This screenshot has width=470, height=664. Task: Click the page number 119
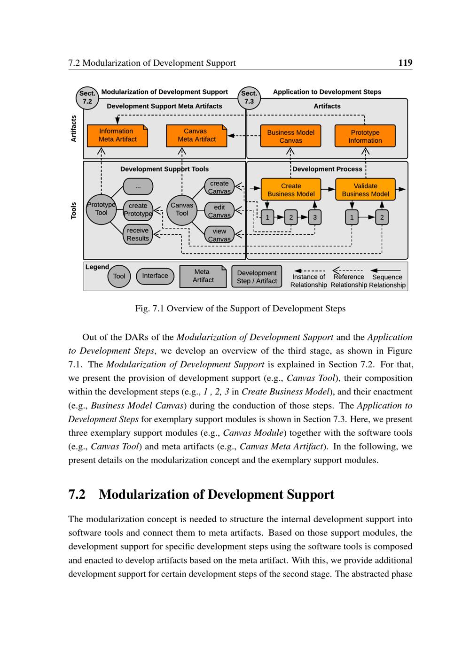click(405, 62)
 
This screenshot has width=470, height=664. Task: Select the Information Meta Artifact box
click(117, 135)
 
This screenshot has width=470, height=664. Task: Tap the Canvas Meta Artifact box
click(196, 135)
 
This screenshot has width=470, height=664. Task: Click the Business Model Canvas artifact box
click(290, 136)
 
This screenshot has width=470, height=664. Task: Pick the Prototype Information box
click(365, 136)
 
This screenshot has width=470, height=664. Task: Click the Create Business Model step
click(291, 190)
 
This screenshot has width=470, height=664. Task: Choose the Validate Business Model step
click(365, 190)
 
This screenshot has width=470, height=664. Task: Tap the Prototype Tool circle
click(101, 209)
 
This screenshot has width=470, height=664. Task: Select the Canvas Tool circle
click(182, 209)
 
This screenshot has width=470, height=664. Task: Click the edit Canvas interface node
click(219, 211)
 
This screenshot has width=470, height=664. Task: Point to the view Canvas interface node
click(219, 235)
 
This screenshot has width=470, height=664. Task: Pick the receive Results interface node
click(138, 234)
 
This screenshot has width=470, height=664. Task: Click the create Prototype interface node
click(138, 209)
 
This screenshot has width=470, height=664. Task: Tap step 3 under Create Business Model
click(314, 217)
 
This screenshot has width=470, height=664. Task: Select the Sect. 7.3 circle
click(249, 98)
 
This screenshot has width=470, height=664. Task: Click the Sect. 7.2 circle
click(87, 98)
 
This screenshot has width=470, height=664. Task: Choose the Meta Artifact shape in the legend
click(203, 276)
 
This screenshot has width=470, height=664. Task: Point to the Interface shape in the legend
click(155, 276)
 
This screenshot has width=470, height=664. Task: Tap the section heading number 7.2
click(77, 494)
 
